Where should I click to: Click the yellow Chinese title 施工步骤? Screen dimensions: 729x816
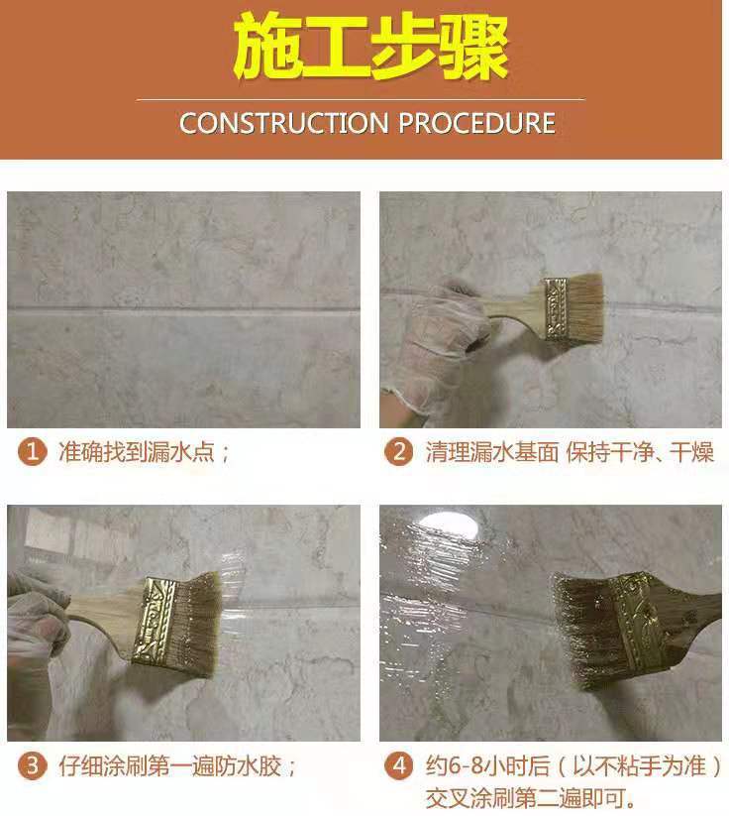pyautogui.click(x=370, y=49)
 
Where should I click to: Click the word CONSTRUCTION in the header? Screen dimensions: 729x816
pyautogui.click(x=284, y=123)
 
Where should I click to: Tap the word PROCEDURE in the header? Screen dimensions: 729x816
pyautogui.click(x=476, y=123)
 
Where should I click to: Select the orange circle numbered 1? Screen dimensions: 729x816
pyautogui.click(x=33, y=451)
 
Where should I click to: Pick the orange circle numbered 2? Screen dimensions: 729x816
pyautogui.click(x=399, y=451)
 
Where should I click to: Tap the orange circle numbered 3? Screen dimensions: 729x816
pyautogui.click(x=33, y=766)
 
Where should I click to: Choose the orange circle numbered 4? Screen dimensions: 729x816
pyautogui.click(x=399, y=766)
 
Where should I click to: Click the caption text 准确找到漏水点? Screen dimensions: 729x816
pyautogui.click(x=137, y=451)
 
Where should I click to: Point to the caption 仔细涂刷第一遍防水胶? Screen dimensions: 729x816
pyautogui.click(x=170, y=766)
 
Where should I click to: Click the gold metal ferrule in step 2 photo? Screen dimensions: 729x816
pyautogui.click(x=557, y=309)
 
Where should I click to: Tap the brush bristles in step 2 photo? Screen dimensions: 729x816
pyautogui.click(x=585, y=308)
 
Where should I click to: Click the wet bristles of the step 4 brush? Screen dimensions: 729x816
pyautogui.click(x=587, y=630)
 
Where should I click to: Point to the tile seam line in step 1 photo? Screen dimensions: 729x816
pyautogui.click(x=183, y=310)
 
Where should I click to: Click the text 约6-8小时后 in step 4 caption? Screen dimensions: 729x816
pyautogui.click(x=487, y=766)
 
